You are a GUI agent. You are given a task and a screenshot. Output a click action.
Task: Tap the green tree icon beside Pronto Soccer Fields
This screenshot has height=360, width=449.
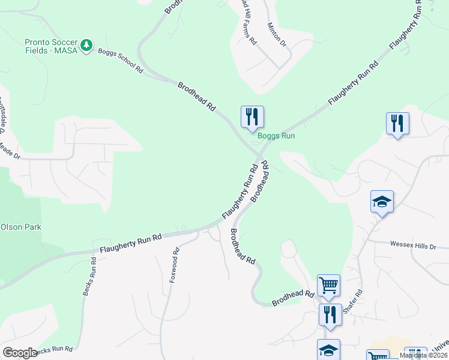87,45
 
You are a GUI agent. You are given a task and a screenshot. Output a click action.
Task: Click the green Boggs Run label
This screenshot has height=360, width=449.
276,136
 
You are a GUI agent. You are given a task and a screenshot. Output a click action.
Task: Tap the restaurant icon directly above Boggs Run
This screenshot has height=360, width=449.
252,116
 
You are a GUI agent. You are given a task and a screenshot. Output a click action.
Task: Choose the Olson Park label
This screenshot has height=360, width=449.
21,227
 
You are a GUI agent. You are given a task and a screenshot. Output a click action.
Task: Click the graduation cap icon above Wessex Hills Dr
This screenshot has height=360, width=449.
382,202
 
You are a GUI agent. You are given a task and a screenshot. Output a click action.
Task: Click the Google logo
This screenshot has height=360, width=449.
20,353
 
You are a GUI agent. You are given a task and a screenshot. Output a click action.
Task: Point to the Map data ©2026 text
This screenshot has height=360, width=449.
424,355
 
